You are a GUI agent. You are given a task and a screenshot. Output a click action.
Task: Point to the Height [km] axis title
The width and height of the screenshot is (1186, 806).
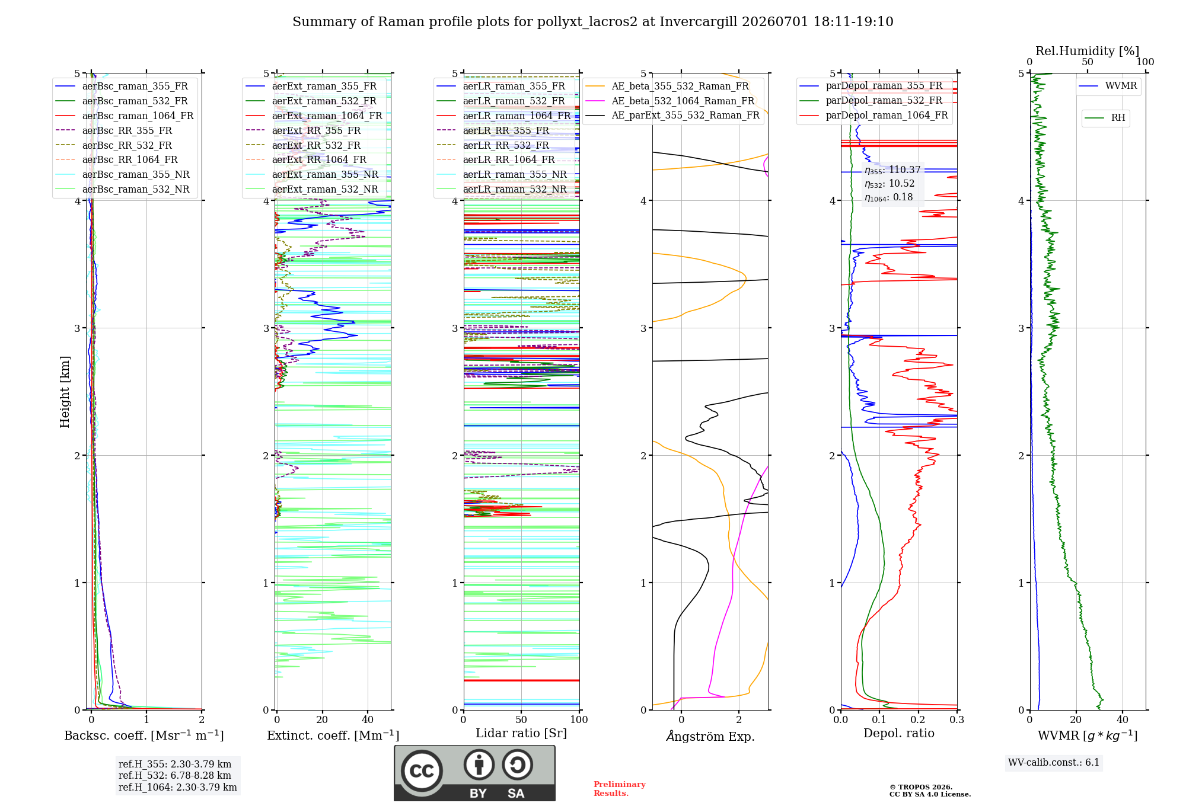pos(65,392)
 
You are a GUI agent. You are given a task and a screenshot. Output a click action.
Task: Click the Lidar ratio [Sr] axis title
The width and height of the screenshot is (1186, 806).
pos(521,733)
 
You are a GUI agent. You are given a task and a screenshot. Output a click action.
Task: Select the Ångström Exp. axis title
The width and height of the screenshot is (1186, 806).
pos(710,736)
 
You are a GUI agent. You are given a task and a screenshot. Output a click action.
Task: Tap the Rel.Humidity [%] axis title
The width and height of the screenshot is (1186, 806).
pos(1088,51)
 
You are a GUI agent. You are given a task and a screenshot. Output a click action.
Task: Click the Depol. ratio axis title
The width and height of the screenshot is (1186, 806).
pos(899,733)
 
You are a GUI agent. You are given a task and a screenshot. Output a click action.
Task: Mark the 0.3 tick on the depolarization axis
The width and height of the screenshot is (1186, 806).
pos(957,719)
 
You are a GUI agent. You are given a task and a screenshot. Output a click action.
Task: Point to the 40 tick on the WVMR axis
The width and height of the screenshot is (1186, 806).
pos(1123,719)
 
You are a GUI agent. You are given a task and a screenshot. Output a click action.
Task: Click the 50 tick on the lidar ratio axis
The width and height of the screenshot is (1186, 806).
pos(521,719)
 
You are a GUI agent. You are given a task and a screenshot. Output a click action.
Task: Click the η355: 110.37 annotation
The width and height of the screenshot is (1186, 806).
pos(892,170)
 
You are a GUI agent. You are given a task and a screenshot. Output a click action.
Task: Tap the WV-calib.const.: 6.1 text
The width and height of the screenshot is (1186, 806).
pos(1054,762)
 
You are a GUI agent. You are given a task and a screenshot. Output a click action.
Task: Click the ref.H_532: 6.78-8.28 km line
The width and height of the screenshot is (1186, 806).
pos(175,775)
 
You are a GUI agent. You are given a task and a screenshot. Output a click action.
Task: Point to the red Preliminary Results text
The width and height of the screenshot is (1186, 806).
pos(620,789)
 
